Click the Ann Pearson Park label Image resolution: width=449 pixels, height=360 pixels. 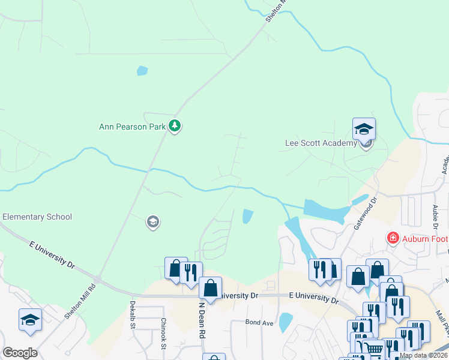(x=132, y=127)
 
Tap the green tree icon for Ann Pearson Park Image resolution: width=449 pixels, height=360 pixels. (x=175, y=126)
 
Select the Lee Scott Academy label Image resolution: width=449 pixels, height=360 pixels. (x=321, y=143)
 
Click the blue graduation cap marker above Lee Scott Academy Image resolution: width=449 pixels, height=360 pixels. (x=364, y=129)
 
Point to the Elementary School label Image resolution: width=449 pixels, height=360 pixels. (x=37, y=217)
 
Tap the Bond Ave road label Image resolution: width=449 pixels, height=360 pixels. (x=259, y=323)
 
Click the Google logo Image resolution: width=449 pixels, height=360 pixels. (x=20, y=353)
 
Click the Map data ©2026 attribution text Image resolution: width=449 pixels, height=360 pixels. (x=422, y=355)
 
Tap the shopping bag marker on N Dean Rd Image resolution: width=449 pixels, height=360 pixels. (x=211, y=289)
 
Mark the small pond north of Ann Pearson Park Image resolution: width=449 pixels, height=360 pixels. (x=142, y=71)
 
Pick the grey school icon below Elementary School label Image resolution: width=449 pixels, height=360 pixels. (x=152, y=223)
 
